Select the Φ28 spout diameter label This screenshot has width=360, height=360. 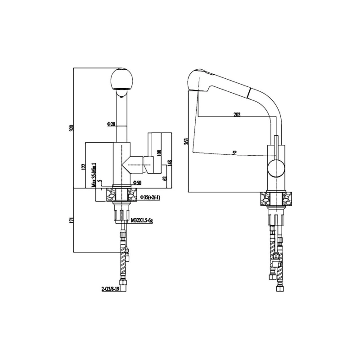(x=111, y=123)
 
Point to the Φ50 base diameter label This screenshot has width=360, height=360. (x=137, y=182)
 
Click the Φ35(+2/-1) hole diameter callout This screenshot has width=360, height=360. (x=149, y=198)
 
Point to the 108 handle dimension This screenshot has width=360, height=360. (x=158, y=153)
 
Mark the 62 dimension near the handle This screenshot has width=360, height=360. (x=165, y=178)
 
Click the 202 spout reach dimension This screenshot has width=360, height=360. (x=237, y=114)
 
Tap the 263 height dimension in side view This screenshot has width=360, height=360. (x=185, y=140)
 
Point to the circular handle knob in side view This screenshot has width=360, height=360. (x=276, y=169)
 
